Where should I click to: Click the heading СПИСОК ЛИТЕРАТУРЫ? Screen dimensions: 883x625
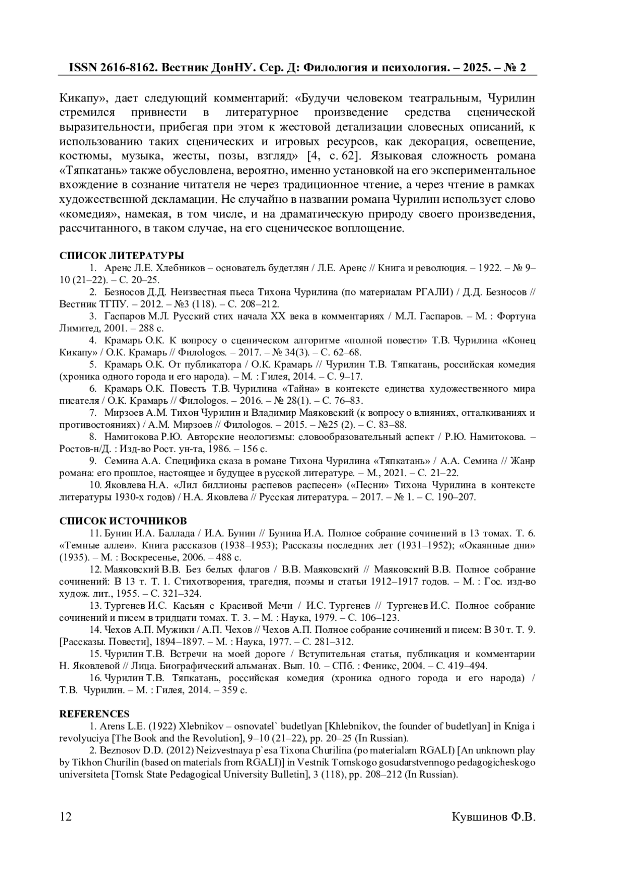tap(121, 256)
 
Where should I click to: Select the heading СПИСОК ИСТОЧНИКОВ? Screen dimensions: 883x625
tap(123, 521)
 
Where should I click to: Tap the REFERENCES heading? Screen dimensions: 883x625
tap(94, 714)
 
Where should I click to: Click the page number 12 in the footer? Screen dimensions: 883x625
tap(66, 816)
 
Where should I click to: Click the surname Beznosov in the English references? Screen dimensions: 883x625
tap(119, 750)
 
